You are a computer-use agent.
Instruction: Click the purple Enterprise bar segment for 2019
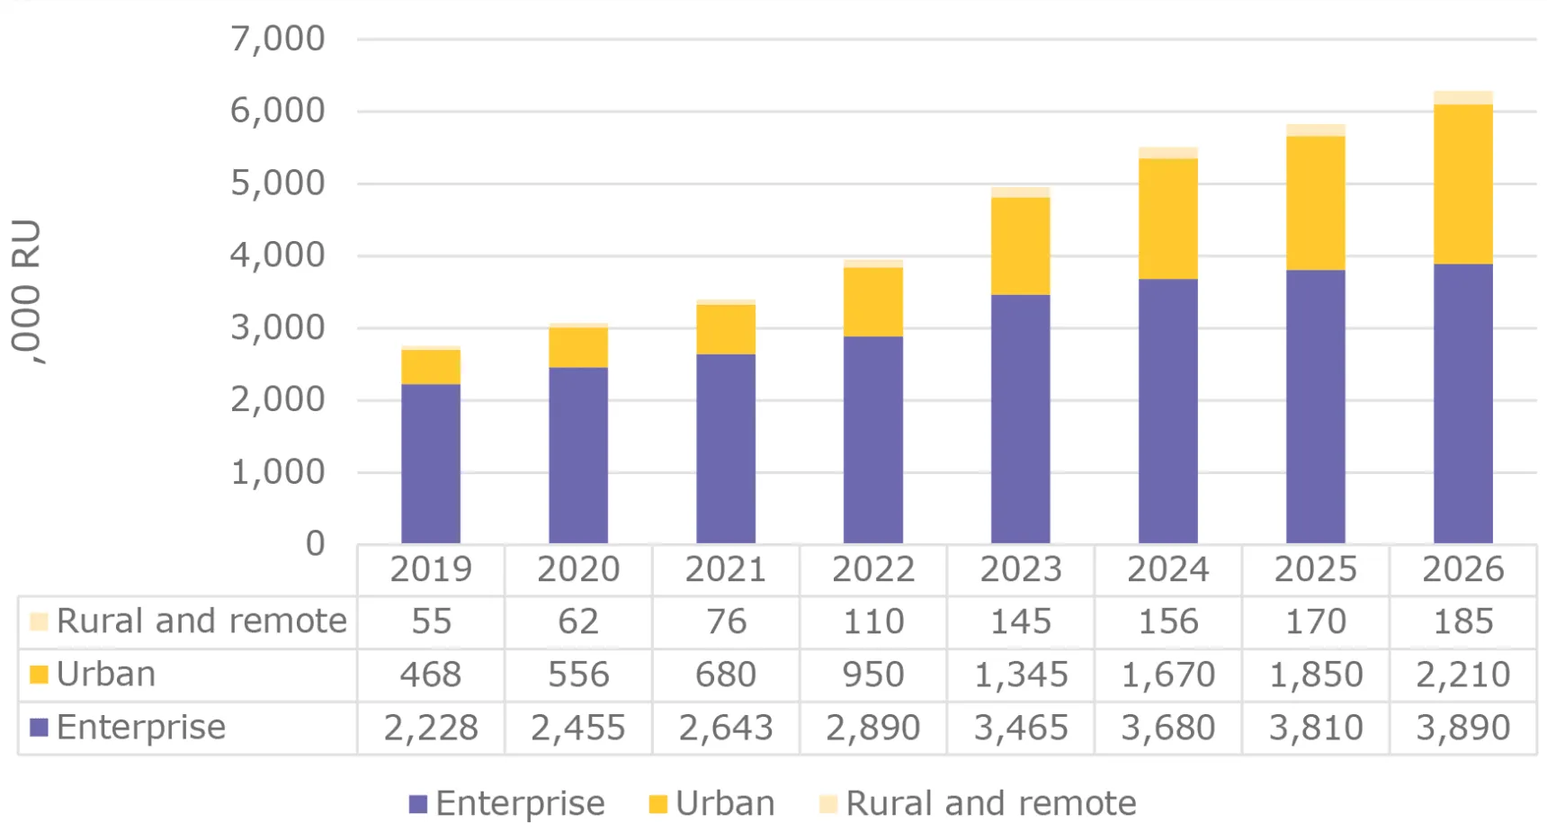[x=431, y=463]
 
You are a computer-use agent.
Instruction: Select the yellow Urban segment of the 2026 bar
[x=1462, y=183]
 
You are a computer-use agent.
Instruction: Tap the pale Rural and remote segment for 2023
[x=1020, y=192]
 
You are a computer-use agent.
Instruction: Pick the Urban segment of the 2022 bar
[x=872, y=302]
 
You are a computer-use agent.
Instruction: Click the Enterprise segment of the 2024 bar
[x=1167, y=411]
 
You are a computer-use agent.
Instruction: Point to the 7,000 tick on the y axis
[x=278, y=39]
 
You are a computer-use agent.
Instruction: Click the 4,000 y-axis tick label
[x=278, y=255]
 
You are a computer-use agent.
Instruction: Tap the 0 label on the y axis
[x=315, y=543]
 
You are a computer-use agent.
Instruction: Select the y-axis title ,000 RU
[x=27, y=291]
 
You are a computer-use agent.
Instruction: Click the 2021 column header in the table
[x=725, y=569]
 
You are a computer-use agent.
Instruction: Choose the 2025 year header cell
[x=1315, y=569]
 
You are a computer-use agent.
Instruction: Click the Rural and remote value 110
[x=872, y=622]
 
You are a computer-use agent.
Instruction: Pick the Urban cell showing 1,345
[x=1020, y=675]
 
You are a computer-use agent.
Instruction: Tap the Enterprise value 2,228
[x=431, y=728]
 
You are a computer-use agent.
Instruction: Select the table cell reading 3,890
[x=1462, y=728]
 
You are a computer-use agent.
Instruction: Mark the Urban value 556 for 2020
[x=578, y=675]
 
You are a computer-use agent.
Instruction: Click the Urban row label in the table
[x=106, y=675]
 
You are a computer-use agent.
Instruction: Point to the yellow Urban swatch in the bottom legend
[x=657, y=804]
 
